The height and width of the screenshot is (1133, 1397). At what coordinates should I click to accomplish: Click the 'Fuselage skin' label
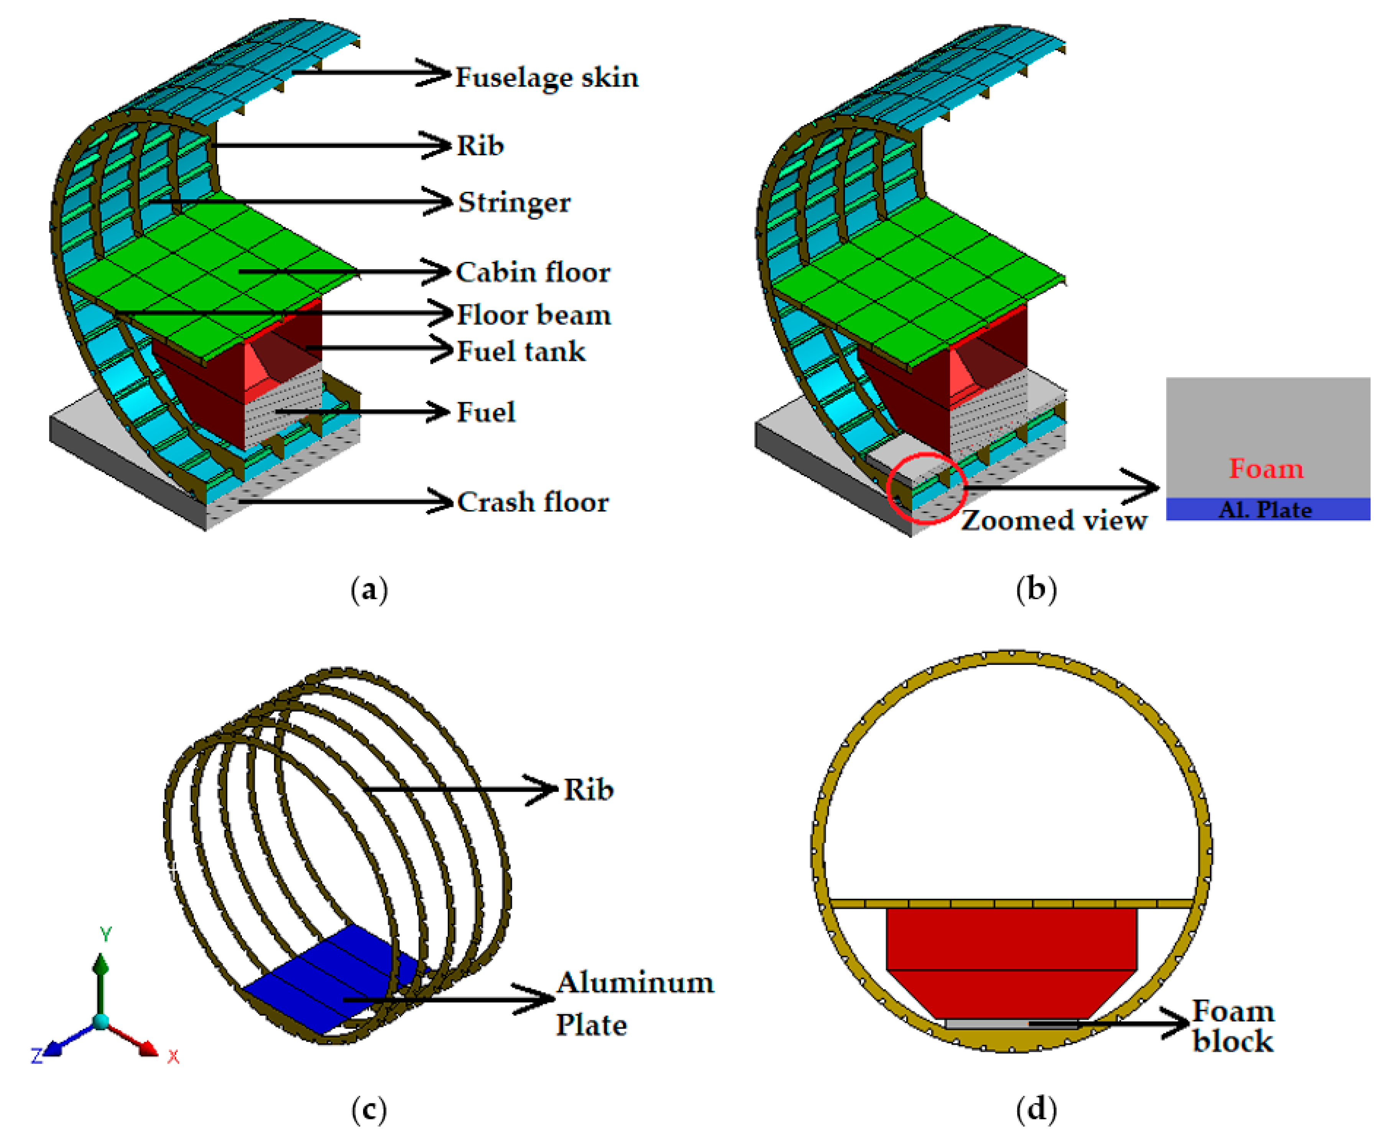click(x=546, y=78)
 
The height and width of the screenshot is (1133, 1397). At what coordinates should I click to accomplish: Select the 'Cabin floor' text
click(x=533, y=272)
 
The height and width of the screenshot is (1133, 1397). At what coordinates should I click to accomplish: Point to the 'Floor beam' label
click(x=533, y=315)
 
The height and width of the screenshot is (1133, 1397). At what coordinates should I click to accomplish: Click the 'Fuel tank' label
click(x=520, y=352)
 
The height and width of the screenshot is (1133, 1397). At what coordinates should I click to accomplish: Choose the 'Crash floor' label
click(x=533, y=502)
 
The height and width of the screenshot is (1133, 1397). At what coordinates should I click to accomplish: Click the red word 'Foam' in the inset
click(x=1266, y=469)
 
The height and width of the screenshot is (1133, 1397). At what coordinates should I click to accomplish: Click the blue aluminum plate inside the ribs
click(x=326, y=979)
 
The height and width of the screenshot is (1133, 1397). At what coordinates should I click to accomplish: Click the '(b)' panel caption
click(x=1035, y=589)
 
